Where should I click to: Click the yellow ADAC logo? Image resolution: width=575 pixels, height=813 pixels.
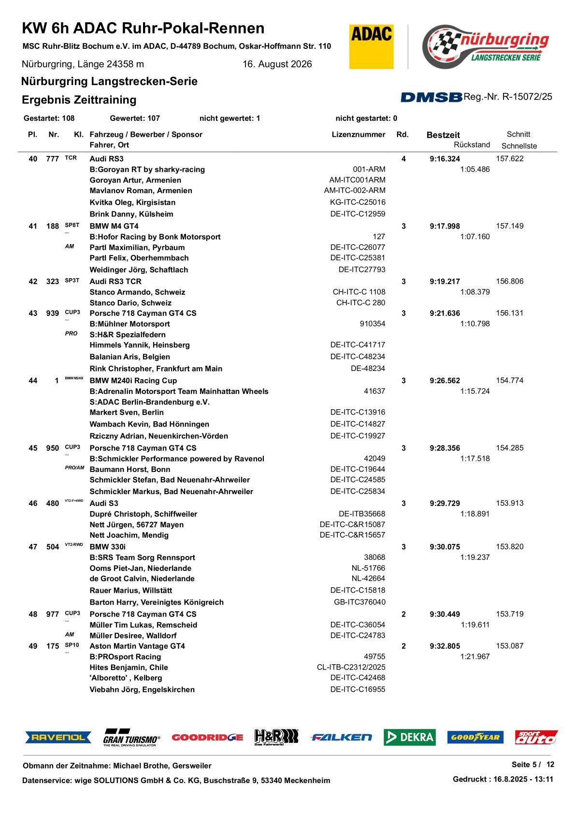pyautogui.click(x=371, y=46)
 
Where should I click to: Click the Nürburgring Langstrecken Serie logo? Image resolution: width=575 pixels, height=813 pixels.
pyautogui.click(x=486, y=46)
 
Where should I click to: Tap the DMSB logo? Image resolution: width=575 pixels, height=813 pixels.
pyautogui.click(x=431, y=98)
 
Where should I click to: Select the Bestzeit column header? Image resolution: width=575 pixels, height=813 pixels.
pyautogui.click(x=443, y=135)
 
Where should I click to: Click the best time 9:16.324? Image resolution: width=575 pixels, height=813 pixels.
pyautogui.click(x=445, y=159)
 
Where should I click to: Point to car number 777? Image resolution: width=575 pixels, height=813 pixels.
pyautogui.click(x=53, y=159)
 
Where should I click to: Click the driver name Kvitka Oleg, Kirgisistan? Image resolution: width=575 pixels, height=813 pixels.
pyautogui.click(x=132, y=202)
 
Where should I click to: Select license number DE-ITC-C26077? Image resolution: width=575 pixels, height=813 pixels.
pyautogui.click(x=358, y=247)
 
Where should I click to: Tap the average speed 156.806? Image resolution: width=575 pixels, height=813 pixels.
pyautogui.click(x=509, y=281)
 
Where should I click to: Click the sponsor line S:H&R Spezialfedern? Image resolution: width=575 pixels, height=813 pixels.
pyautogui.click(x=128, y=334)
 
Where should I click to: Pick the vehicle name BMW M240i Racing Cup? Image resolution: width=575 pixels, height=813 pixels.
pyautogui.click(x=133, y=381)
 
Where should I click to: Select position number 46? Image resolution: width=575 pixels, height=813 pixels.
pyautogui.click(x=33, y=503)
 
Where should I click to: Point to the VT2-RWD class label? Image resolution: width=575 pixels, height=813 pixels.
pyautogui.click(x=74, y=545)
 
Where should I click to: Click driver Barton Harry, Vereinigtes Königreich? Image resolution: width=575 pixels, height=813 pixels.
pyautogui.click(x=157, y=602)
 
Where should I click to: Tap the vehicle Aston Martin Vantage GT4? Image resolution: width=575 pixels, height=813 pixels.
pyautogui.click(x=137, y=646)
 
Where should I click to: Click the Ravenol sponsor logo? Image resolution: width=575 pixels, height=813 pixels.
pyautogui.click(x=58, y=737)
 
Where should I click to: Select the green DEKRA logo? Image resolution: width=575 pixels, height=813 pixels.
pyautogui.click(x=409, y=737)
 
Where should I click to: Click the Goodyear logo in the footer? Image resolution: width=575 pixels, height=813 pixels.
pyautogui.click(x=475, y=737)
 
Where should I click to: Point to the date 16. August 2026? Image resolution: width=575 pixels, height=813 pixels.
pyautogui.click(x=277, y=64)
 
